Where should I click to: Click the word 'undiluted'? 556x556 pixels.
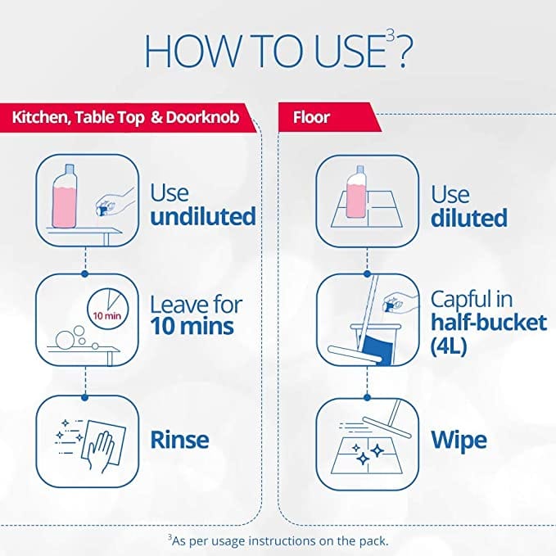click(203, 216)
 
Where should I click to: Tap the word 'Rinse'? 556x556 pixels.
click(179, 440)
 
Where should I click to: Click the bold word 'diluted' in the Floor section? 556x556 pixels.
click(469, 217)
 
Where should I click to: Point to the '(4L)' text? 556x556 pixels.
click(449, 346)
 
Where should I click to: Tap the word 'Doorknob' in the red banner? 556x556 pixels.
click(202, 117)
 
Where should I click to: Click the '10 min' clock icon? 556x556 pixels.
click(108, 309)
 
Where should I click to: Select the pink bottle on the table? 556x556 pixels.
click(65, 196)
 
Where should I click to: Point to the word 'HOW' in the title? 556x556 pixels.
click(192, 51)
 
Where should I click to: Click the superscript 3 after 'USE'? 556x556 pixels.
click(390, 37)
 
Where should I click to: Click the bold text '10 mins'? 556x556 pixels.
click(192, 326)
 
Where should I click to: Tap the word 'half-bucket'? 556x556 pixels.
click(489, 322)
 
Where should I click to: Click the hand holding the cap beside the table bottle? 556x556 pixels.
click(114, 201)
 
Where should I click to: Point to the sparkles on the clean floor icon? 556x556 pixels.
click(368, 454)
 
